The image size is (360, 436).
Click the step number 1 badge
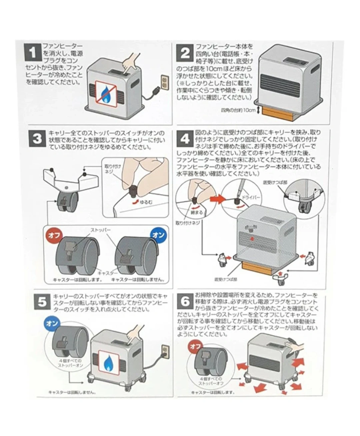(33, 53)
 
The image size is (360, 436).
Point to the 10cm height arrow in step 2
(258, 111)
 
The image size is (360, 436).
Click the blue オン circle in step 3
(158, 235)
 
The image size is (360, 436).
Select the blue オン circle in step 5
(52, 323)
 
